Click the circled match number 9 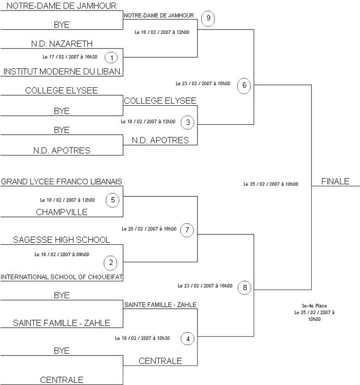click(208, 18)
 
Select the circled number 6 click(244, 86)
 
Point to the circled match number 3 click(188, 123)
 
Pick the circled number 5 click(113, 200)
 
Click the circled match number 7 click(188, 230)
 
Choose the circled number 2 click(111, 262)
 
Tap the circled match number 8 click(245, 288)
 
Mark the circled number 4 click(187, 338)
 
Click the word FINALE click(335, 181)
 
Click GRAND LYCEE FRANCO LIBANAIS click(61, 181)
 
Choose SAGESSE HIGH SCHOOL click(61, 240)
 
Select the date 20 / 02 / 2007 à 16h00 click(149, 229)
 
